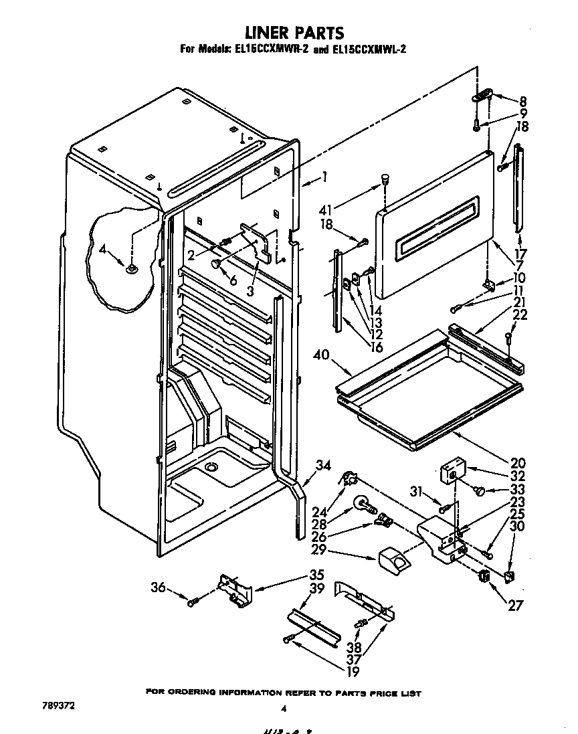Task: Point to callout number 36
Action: (158, 588)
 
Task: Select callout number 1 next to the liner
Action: (324, 177)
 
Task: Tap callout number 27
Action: (515, 606)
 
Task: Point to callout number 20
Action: (517, 463)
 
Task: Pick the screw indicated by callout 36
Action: (193, 603)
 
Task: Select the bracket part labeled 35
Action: (235, 589)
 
